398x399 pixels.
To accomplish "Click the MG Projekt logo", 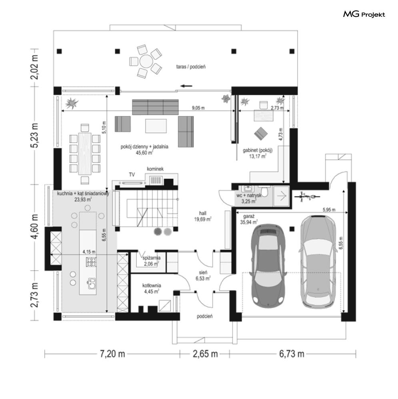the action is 364,14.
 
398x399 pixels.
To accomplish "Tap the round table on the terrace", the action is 146,61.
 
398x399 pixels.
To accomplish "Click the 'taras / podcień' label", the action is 191,67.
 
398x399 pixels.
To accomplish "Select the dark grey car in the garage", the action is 268,265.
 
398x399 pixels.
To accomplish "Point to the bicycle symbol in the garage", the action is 307,196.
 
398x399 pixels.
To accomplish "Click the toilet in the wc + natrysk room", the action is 264,191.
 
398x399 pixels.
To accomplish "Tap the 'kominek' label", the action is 155,169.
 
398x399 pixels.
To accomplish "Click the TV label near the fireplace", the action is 132,175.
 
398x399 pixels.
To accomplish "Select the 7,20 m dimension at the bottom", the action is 112,354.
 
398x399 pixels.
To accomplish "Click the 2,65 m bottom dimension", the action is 205,354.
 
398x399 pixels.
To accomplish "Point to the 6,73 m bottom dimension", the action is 292,354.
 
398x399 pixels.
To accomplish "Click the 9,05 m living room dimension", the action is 198,108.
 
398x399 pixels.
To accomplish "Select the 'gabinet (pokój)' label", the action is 258,150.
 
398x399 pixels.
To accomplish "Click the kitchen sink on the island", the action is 92,283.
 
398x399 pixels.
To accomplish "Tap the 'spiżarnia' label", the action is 152,258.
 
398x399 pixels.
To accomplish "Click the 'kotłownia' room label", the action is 152,285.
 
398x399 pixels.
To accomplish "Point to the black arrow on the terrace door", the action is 186,86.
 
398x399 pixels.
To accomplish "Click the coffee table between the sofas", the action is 156,126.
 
